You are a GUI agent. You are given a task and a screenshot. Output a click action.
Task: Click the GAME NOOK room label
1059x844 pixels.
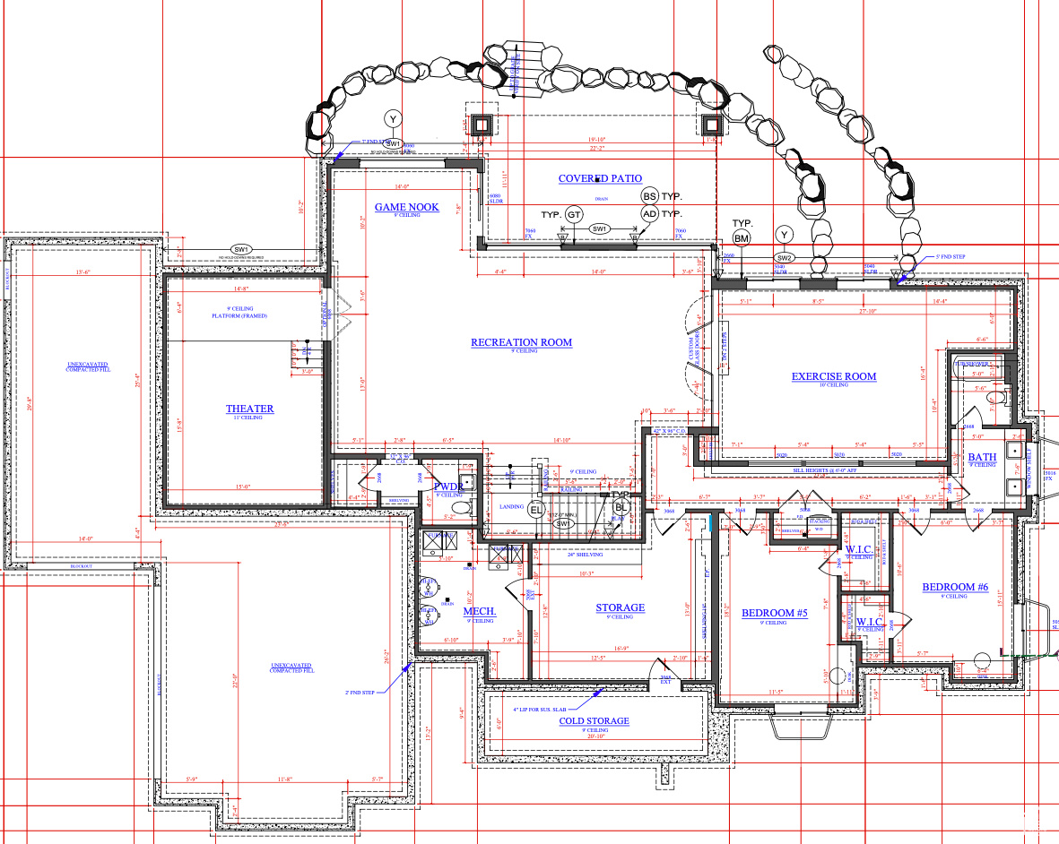407,207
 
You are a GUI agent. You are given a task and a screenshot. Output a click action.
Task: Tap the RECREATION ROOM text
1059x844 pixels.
521,342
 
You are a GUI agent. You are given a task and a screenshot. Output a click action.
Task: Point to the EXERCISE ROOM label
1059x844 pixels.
833,376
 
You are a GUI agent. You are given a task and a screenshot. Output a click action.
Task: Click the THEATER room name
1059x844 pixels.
249,409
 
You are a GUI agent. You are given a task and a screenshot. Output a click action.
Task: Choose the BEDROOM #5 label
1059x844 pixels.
775,613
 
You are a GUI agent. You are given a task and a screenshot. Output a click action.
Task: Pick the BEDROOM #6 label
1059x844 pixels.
955,588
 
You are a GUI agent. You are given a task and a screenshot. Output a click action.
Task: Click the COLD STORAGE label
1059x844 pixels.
594,720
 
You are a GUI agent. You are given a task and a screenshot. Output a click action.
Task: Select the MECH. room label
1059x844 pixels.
479,612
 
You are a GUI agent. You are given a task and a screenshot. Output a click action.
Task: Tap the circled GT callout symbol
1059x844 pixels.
575,214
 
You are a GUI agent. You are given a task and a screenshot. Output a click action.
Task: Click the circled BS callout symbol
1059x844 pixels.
649,195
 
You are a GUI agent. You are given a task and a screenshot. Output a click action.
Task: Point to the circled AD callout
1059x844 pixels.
649,214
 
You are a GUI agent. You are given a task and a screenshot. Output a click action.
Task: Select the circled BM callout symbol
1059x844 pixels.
742,237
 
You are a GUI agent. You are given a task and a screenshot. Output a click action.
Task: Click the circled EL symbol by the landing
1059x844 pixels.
536,510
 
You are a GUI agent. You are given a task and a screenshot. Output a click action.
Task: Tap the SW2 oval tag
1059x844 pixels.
786,257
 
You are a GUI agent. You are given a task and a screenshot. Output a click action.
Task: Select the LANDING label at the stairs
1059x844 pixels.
510,506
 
